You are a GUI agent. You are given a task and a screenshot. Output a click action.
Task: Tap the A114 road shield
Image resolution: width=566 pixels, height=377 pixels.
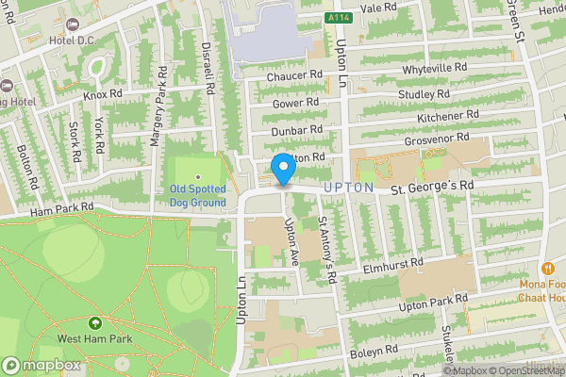pyautogui.click(x=339, y=17)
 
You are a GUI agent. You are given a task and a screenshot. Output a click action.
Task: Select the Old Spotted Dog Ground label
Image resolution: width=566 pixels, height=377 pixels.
pyautogui.click(x=198, y=194)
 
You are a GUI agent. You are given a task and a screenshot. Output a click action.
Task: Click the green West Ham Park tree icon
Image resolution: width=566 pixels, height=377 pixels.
pyautogui.click(x=93, y=323)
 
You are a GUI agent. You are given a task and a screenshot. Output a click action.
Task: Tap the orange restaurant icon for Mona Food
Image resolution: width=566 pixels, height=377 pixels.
pyautogui.click(x=545, y=268)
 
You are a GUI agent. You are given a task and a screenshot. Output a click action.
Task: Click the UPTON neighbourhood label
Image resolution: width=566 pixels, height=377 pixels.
pyautogui.click(x=343, y=188)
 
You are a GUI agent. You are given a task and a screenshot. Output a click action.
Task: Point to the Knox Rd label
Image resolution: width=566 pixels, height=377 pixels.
pyautogui.click(x=103, y=94)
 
